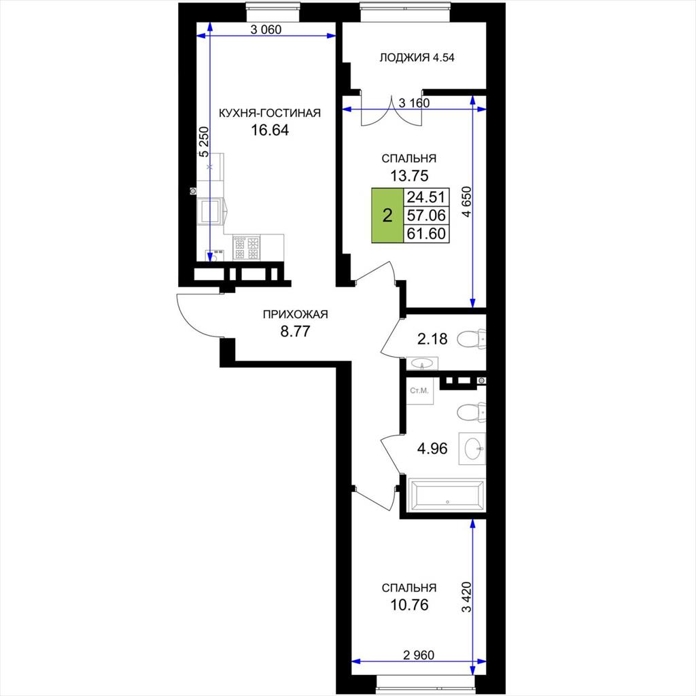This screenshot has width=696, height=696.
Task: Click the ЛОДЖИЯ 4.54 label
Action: tap(417, 58)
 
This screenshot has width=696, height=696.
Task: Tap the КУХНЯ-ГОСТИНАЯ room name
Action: tap(270, 114)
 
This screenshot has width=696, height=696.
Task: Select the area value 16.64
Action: tap(270, 130)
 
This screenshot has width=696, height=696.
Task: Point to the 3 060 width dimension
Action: tap(266, 30)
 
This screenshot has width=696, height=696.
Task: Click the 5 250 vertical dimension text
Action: tap(204, 142)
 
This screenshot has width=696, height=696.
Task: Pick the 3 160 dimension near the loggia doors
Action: tap(414, 103)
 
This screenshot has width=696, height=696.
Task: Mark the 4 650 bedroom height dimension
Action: tap(466, 201)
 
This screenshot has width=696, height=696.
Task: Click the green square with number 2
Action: tap(387, 216)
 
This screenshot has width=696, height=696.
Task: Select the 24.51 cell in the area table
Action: tap(426, 197)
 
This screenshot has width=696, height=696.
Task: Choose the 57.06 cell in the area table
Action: tap(426, 215)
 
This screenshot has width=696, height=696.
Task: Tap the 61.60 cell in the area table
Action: tap(426, 234)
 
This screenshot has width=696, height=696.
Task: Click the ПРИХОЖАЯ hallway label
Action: tap(295, 315)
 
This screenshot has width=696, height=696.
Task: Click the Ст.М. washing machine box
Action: tap(420, 391)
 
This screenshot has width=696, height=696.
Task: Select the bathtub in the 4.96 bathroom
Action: tap(447, 495)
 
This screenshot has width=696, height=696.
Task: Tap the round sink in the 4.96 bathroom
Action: tap(474, 449)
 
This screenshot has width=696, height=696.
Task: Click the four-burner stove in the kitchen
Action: tap(246, 248)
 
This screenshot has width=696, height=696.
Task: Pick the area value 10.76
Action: tap(409, 604)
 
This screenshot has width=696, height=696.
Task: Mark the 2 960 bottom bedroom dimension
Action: tap(419, 655)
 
